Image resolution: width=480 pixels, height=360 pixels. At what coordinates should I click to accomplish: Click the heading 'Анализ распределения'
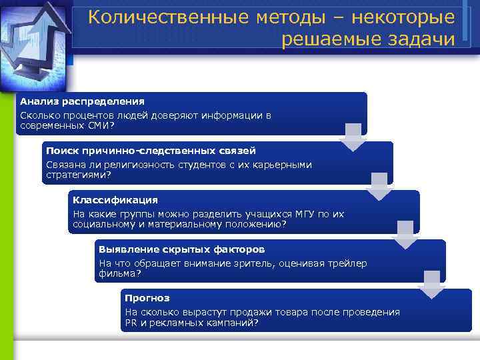click(81, 101)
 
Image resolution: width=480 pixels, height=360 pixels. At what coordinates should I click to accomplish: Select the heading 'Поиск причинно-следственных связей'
click(151, 151)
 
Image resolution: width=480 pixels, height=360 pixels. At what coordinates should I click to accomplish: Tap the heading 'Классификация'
click(115, 200)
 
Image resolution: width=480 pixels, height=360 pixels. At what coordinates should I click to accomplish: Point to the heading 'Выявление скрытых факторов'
click(181, 249)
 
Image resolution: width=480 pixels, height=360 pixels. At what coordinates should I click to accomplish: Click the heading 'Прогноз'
click(147, 298)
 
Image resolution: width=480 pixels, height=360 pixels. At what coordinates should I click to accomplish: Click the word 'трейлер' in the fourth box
click(347, 263)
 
